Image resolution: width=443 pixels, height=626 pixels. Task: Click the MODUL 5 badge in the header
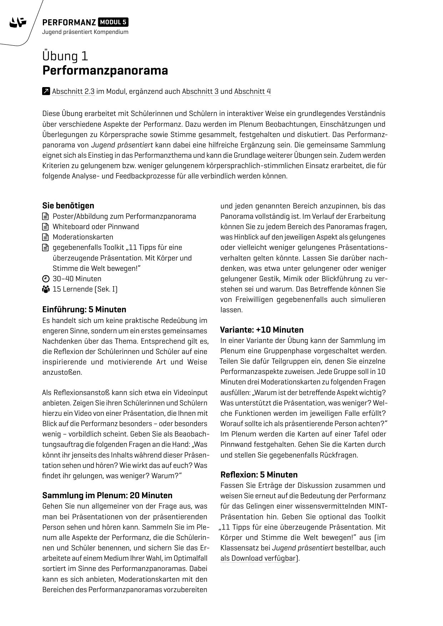[113, 22]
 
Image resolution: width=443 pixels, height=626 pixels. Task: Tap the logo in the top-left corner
[18, 23]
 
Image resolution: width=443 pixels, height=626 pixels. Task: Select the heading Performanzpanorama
[105, 71]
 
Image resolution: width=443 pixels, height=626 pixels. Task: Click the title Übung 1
[65, 56]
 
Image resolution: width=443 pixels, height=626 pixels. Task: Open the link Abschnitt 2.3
[73, 91]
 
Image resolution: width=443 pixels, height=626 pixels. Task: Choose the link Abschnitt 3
[200, 91]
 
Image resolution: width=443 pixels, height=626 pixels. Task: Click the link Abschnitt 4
[252, 91]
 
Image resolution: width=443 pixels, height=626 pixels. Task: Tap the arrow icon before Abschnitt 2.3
[46, 91]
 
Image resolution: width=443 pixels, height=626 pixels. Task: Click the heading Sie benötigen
[68, 206]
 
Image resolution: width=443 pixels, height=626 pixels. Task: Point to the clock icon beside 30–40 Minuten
[45, 279]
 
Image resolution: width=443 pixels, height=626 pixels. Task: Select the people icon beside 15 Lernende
[45, 289]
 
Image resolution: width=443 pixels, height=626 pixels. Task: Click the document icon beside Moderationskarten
[45, 237]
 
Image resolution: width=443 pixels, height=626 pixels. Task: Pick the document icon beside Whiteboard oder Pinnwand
[45, 227]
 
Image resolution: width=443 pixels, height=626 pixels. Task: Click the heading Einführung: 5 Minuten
[84, 309]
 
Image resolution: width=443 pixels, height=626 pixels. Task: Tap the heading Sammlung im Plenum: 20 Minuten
[107, 495]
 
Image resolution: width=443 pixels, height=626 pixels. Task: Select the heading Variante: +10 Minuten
[262, 330]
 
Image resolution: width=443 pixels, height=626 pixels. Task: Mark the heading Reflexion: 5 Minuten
[259, 475]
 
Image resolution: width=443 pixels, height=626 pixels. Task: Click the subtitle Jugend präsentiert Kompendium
[85, 32]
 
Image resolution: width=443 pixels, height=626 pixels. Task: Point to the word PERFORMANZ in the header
[69, 22]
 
